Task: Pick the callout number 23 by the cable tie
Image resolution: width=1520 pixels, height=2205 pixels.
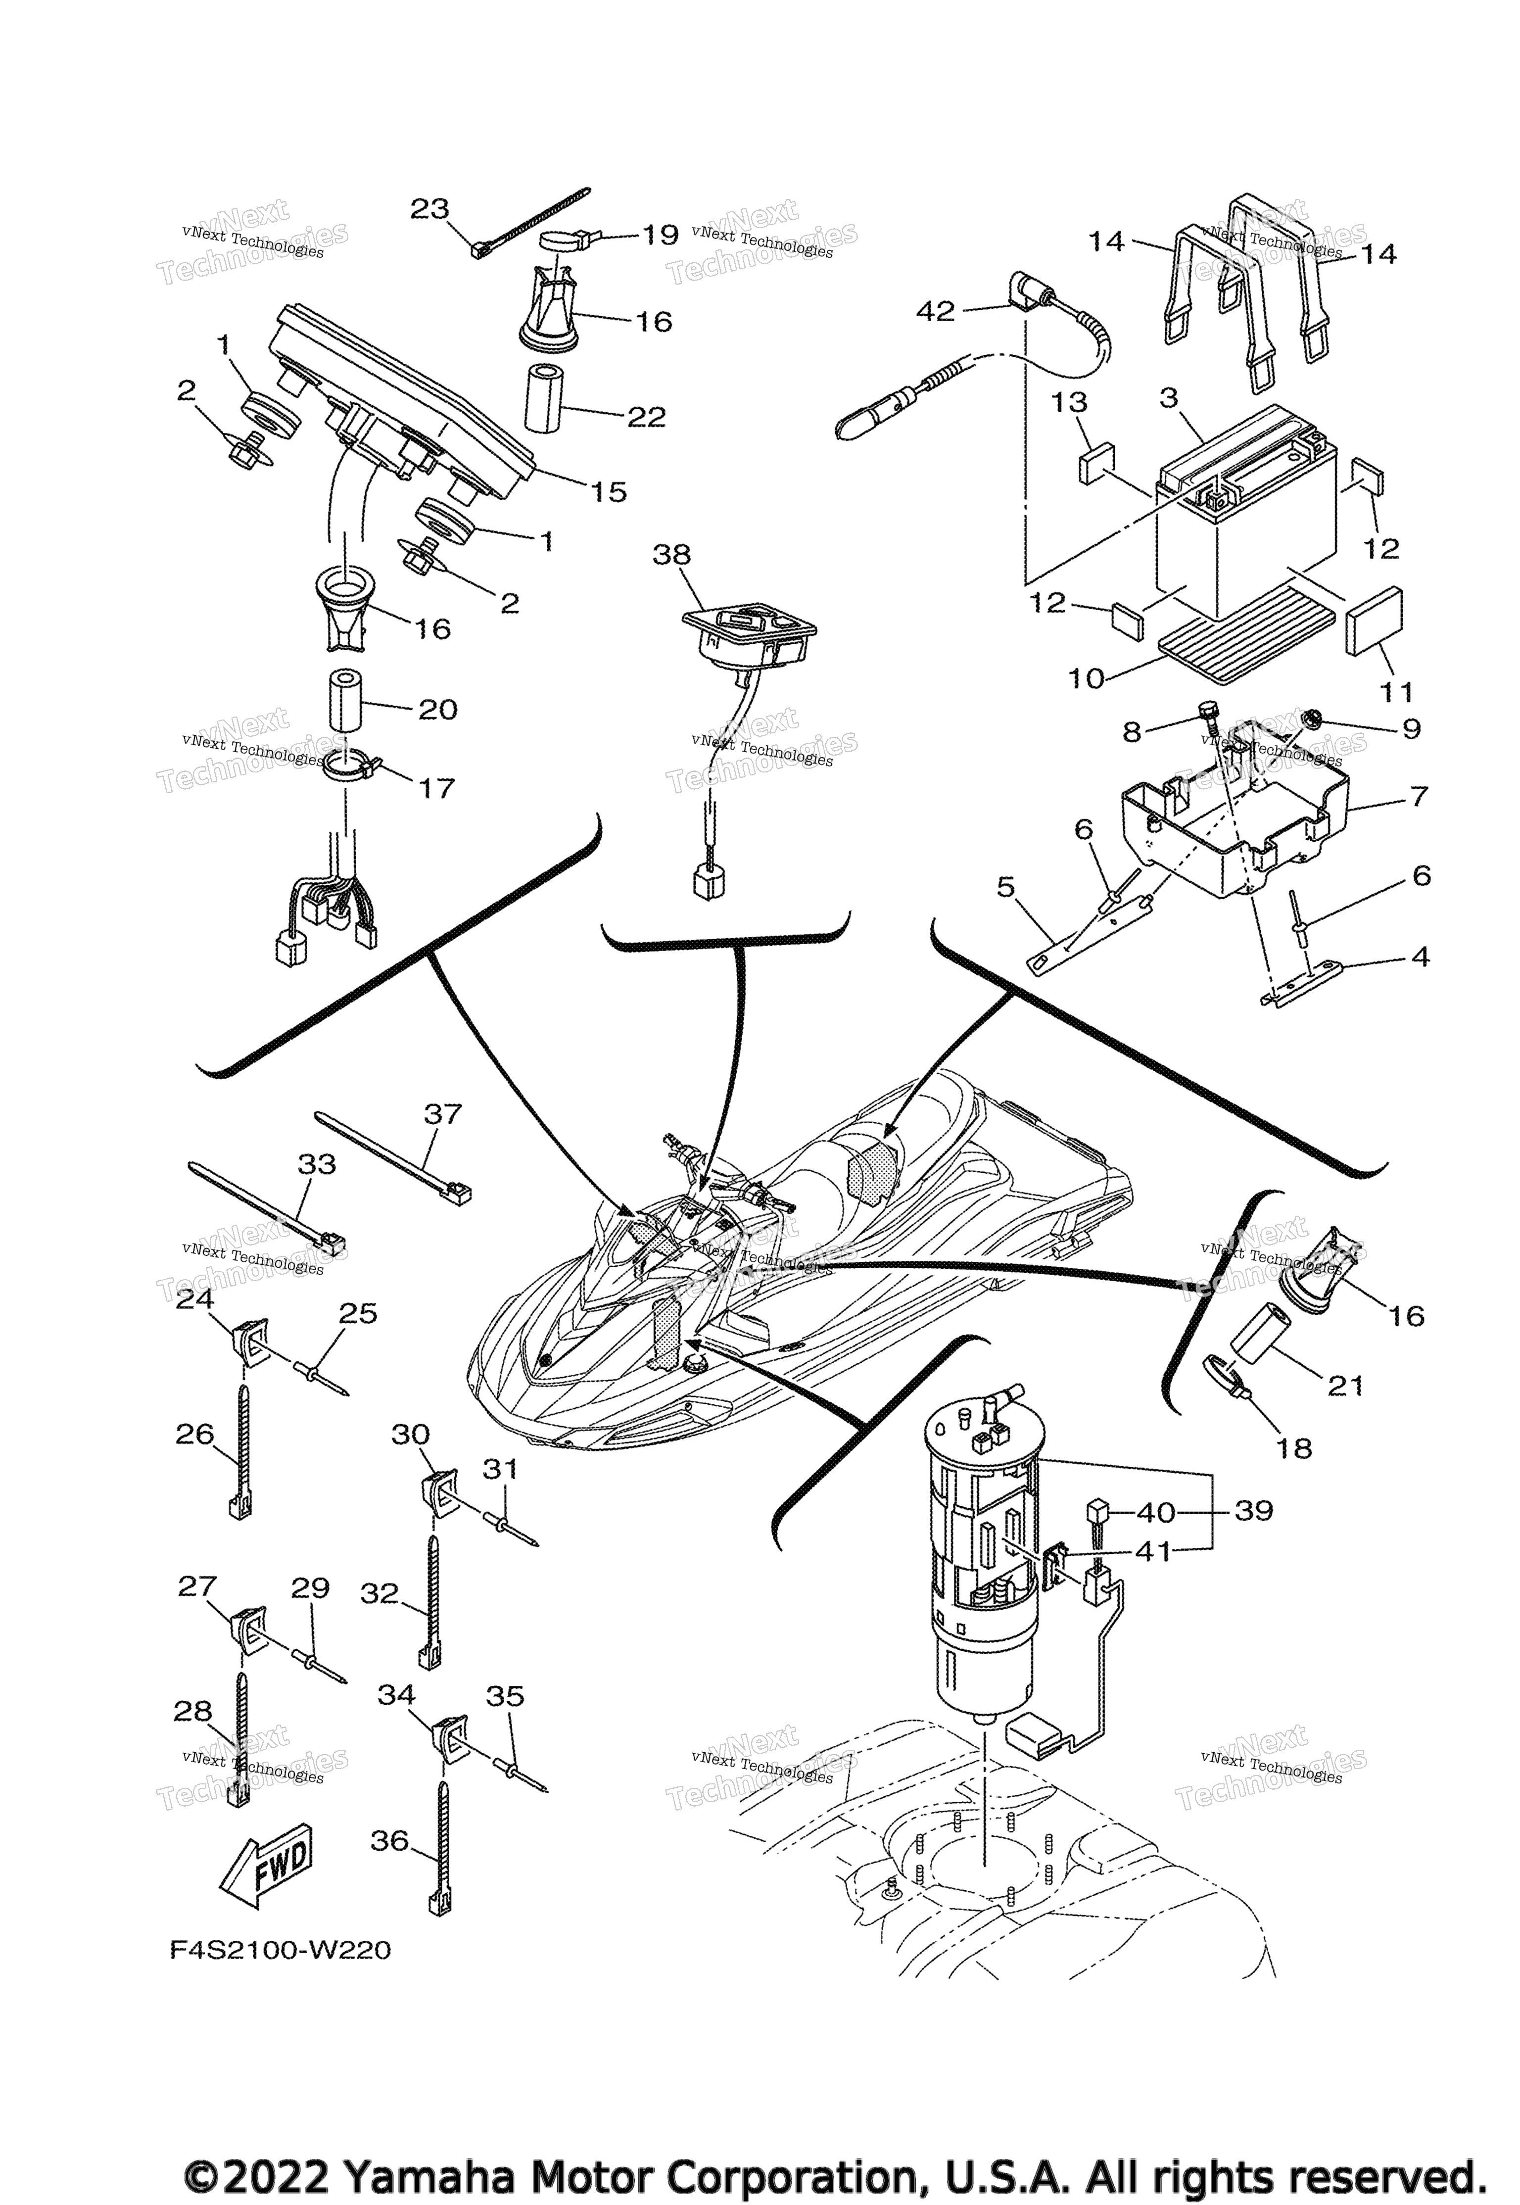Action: click(429, 209)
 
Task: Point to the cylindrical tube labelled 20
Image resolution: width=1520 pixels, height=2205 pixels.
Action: click(348, 704)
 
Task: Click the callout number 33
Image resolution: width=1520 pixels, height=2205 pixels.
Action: click(317, 1164)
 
